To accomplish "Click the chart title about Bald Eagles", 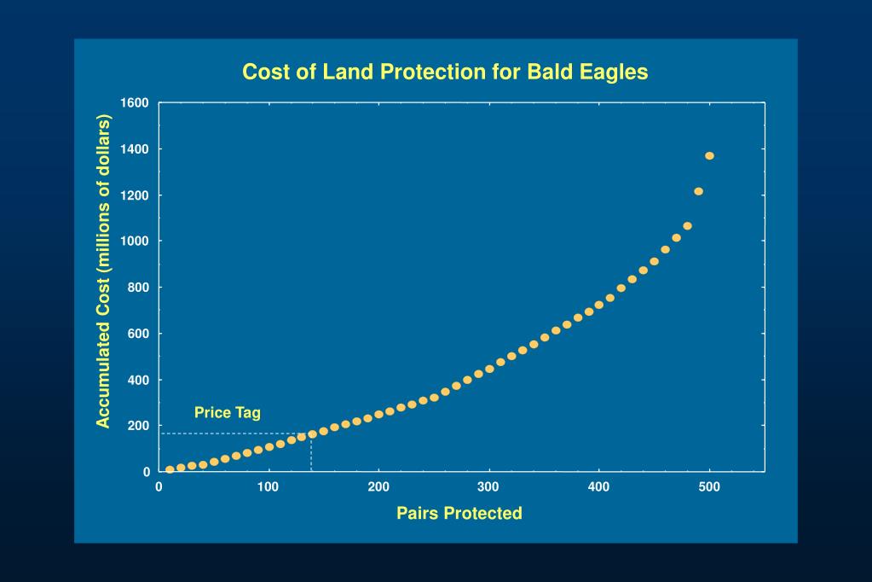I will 445,72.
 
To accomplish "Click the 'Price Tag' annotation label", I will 227,413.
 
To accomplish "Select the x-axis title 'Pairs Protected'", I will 459,514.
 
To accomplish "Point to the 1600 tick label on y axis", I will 135,103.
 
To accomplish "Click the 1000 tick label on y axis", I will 135,242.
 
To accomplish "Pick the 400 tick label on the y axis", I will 139,380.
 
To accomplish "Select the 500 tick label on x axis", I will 709,487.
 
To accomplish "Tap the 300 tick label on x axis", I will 488,487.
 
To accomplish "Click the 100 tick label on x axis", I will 269,487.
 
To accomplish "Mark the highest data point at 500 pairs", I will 709,155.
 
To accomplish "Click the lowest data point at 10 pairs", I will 170,469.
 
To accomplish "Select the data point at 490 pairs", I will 698,191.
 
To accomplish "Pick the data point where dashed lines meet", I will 312,434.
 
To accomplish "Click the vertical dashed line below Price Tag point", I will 312,454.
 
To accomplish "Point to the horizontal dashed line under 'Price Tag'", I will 230,434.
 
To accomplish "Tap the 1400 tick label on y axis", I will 135,149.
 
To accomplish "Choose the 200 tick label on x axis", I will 378,487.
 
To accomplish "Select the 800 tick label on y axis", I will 139,288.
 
